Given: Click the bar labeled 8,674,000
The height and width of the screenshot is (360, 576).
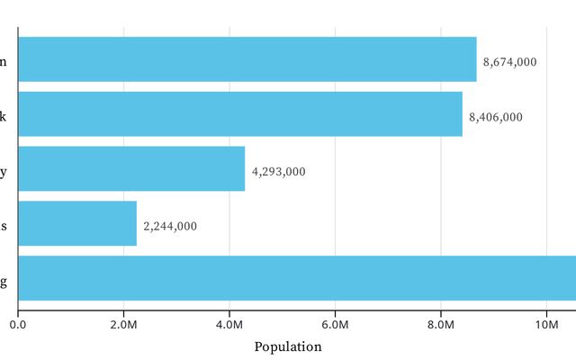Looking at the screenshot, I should click(x=247, y=59).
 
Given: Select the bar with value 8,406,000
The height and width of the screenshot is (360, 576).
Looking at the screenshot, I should click(x=239, y=114).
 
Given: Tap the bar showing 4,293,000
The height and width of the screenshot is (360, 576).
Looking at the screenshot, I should click(x=131, y=169).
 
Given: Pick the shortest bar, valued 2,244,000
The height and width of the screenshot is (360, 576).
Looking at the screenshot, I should click(x=77, y=223).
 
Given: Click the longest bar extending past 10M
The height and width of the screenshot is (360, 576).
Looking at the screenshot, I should click(x=297, y=278).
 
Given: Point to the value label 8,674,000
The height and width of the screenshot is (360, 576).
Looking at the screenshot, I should click(x=509, y=62).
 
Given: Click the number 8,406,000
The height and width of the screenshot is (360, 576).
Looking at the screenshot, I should click(x=495, y=117).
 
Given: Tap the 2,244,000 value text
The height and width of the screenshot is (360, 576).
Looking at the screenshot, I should click(x=170, y=226).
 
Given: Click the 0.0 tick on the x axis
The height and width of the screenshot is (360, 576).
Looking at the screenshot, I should click(x=18, y=324).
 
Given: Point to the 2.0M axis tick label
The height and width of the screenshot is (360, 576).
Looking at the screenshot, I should click(x=123, y=324).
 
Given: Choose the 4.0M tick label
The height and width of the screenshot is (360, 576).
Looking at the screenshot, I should click(x=229, y=324).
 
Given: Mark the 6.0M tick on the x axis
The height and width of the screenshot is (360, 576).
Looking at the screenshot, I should click(x=335, y=324).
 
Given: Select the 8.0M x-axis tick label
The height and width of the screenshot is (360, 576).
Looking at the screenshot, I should click(x=441, y=324).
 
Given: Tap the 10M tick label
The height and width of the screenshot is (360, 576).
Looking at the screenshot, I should click(x=546, y=324).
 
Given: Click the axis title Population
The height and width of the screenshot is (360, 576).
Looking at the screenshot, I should click(x=287, y=346).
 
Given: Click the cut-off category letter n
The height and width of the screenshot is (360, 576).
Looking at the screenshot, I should click(x=4, y=61).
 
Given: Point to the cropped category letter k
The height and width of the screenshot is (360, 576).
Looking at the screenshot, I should click(x=4, y=116).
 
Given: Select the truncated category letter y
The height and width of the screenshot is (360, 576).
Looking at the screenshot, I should click(x=4, y=171).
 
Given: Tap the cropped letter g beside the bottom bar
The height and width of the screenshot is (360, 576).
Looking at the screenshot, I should click(x=4, y=282).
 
